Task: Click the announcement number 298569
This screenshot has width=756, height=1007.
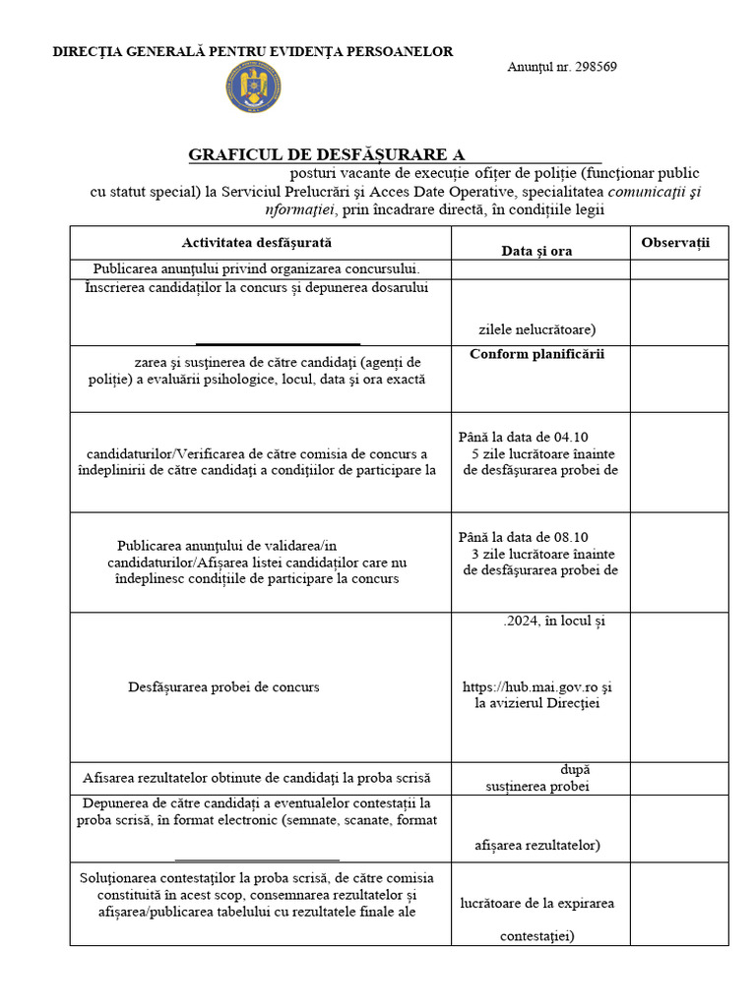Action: click(562, 67)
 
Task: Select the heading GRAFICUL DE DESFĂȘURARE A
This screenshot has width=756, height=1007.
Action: click(326, 154)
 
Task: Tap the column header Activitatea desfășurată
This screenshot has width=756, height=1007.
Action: click(257, 242)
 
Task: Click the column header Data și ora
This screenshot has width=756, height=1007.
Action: click(536, 251)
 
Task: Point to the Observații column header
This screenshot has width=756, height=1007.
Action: click(675, 242)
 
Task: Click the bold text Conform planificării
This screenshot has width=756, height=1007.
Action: click(536, 354)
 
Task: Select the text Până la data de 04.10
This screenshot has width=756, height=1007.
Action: click(524, 437)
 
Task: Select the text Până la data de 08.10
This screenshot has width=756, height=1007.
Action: click(524, 537)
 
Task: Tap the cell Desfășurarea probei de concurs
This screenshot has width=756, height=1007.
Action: click(223, 686)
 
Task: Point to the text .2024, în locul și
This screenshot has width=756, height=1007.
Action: click(553, 621)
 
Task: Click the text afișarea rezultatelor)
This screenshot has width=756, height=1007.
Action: click(537, 845)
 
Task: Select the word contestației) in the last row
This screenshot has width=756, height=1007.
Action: click(537, 936)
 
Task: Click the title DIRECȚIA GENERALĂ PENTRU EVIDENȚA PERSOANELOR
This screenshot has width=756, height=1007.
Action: click(253, 51)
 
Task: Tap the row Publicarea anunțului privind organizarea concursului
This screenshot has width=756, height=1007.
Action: click(257, 268)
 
